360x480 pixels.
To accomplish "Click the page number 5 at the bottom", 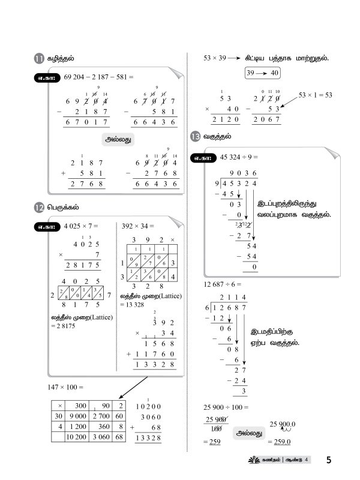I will click(329, 460).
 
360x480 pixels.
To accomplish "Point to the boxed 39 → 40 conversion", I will click(262, 73).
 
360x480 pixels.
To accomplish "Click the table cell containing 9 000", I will click(78, 417).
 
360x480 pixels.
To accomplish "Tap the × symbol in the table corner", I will click(59, 405).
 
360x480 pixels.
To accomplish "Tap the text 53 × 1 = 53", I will click(315, 95).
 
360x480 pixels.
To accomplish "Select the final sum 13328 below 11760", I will click(156, 365).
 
